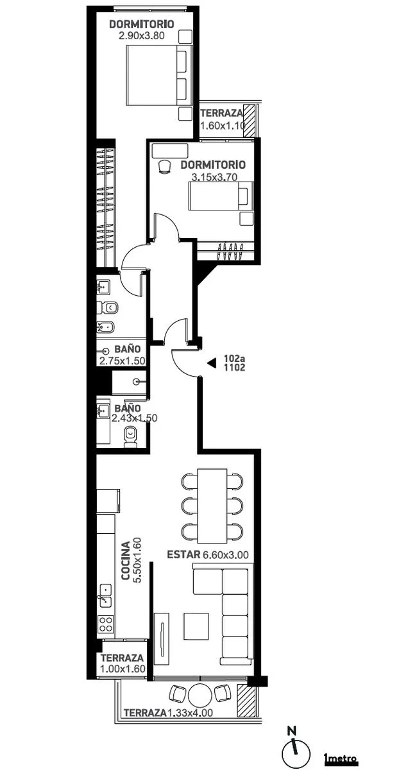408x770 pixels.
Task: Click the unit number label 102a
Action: (234, 358)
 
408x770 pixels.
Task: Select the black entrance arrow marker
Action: (212, 363)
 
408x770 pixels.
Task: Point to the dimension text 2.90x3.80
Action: (142, 35)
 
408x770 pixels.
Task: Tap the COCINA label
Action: (126, 561)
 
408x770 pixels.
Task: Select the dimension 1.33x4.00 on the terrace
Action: (190, 713)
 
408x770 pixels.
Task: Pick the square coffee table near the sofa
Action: (196, 626)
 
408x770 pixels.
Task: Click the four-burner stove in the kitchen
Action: (106, 624)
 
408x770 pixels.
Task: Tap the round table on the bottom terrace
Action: (200, 694)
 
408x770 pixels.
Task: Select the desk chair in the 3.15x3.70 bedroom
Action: (164, 166)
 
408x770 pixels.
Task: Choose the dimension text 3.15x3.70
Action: (214, 177)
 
